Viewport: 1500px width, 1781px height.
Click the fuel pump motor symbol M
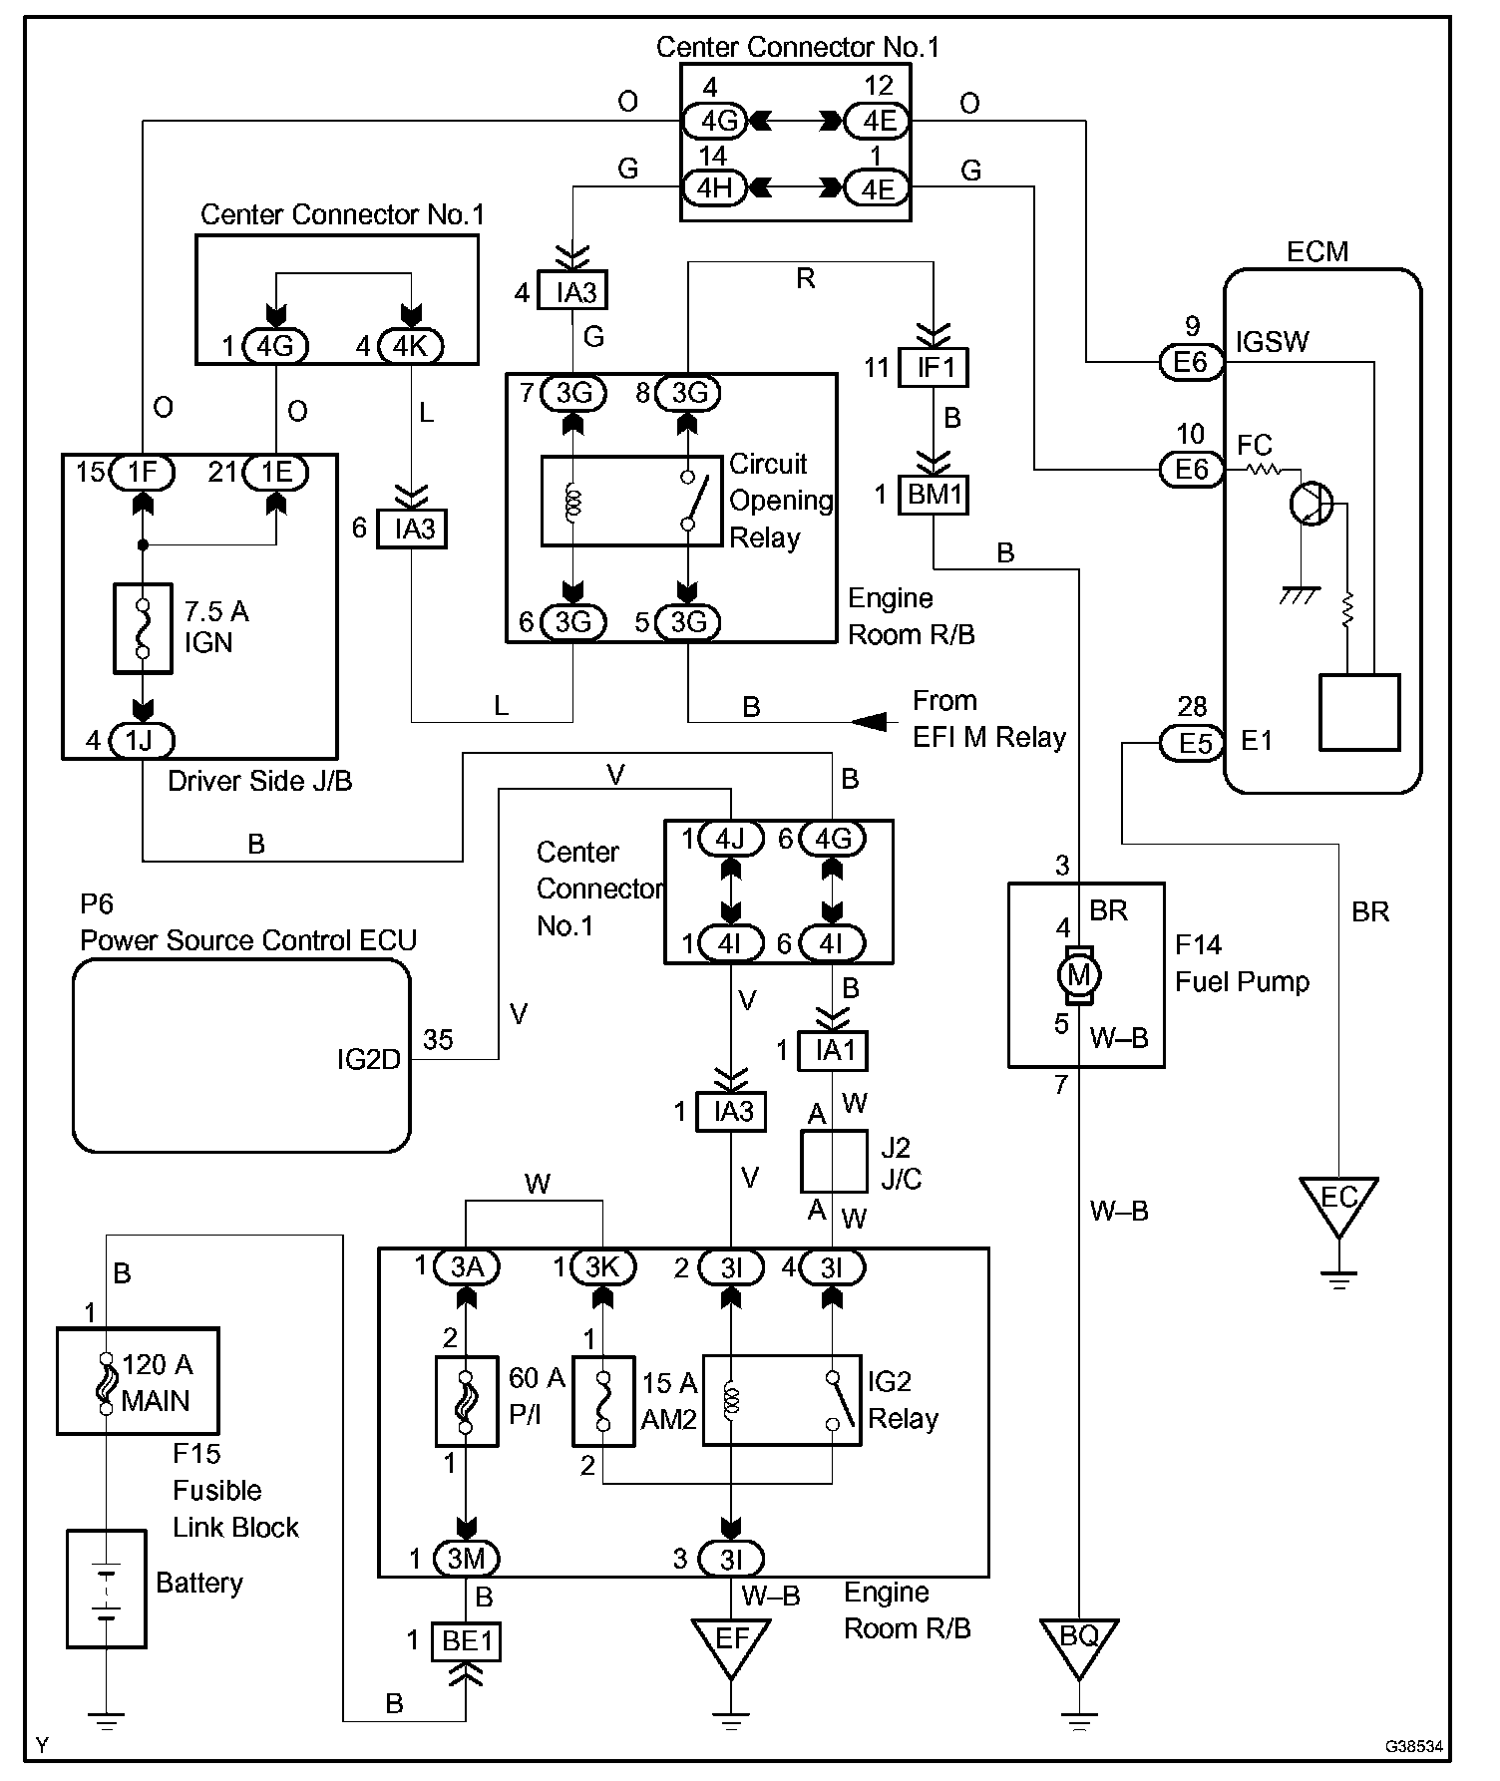[x=1078, y=973]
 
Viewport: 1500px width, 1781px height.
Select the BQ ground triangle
[x=1078, y=1646]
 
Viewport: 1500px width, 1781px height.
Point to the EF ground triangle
[x=731, y=1646]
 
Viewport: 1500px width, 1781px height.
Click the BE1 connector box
[x=466, y=1640]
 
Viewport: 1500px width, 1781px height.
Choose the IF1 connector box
[x=934, y=367]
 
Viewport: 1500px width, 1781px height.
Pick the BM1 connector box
[x=934, y=495]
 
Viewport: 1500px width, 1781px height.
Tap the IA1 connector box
[x=832, y=1050]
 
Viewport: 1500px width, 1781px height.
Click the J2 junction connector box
[x=834, y=1161]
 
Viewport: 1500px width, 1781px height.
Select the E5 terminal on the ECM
[x=1192, y=743]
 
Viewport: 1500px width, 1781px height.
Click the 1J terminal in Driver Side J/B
[x=142, y=741]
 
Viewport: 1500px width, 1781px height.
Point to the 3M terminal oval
[x=466, y=1559]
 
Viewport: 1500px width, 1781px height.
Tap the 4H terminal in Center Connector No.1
[x=714, y=187]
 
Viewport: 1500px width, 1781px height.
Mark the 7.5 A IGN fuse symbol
[x=143, y=628]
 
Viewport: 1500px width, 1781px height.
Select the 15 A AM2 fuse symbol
[x=602, y=1401]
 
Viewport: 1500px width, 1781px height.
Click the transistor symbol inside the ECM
[x=1309, y=503]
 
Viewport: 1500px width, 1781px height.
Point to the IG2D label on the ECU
[x=368, y=1058]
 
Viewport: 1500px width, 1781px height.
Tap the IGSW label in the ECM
[x=1273, y=342]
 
